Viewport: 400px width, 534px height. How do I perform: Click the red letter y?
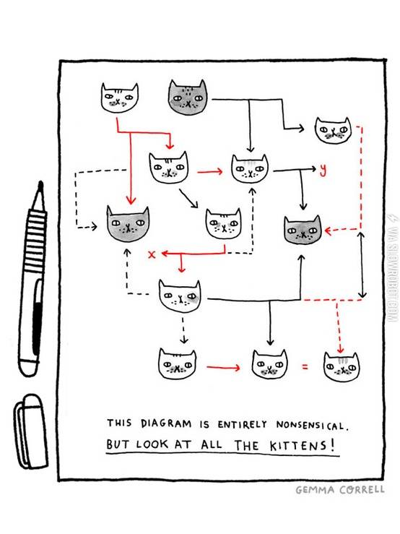pyautogui.click(x=323, y=171)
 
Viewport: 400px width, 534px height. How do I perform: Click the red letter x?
pyautogui.click(x=152, y=254)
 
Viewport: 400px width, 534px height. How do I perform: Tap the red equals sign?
pyautogui.click(x=305, y=367)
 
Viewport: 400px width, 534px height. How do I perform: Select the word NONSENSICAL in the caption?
pyautogui.click(x=312, y=425)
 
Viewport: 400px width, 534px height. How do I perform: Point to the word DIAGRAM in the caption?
pyautogui.click(x=166, y=423)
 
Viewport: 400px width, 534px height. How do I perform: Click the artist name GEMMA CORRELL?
pyautogui.click(x=340, y=490)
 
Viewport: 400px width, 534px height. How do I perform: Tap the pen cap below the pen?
pyautogui.click(x=30, y=431)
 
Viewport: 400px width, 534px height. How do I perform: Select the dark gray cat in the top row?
pyautogui.click(x=187, y=97)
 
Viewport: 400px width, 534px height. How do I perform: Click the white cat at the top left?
pyautogui.click(x=119, y=98)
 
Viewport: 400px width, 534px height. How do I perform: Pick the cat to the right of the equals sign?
pyautogui.click(x=341, y=366)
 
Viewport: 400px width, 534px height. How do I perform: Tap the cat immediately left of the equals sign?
pyautogui.click(x=269, y=363)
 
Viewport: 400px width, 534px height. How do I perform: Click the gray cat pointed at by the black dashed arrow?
pyautogui.click(x=128, y=224)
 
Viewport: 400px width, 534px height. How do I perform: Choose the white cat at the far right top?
pyautogui.click(x=333, y=130)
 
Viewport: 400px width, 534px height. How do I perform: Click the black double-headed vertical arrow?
pyautogui.click(x=362, y=265)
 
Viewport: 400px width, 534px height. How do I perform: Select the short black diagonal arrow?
pyautogui.click(x=188, y=198)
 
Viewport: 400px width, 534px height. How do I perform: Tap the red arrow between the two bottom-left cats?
pyautogui.click(x=223, y=367)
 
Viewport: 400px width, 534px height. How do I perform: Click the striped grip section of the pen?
pyautogui.click(x=36, y=241)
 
